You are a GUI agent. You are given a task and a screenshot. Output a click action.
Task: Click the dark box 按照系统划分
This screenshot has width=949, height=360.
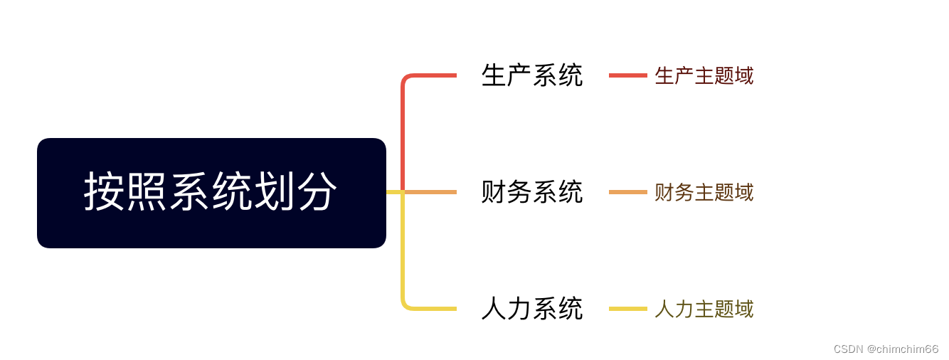211,193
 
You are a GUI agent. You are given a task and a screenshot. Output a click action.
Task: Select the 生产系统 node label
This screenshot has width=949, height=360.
532,75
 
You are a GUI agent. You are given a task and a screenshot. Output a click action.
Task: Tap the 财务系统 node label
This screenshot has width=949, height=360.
532,192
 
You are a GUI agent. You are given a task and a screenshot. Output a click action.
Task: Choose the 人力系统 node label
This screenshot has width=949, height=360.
532,309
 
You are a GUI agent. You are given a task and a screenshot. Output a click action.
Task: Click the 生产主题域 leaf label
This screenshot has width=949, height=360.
704,76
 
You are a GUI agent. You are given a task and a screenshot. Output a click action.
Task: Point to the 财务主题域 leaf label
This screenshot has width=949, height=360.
704,193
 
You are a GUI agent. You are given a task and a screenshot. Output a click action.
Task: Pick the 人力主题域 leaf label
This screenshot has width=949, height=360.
704,309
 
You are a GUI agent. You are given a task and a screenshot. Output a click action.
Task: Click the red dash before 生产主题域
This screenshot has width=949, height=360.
627,75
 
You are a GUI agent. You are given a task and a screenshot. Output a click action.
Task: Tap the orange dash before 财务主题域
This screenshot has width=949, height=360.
627,192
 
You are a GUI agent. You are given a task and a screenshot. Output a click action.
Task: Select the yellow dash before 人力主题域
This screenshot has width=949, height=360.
627,309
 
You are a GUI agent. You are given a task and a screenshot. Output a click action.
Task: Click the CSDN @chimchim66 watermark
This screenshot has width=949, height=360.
886,349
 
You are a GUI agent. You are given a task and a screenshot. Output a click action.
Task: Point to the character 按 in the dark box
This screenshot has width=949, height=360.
105,192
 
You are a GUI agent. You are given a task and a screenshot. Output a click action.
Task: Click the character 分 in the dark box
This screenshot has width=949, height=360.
317,192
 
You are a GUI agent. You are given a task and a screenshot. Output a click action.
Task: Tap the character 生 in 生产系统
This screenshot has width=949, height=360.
494,75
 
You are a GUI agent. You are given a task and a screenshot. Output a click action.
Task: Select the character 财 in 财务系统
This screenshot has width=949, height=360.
494,192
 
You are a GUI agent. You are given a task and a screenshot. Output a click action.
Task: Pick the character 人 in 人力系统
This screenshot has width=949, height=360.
494,309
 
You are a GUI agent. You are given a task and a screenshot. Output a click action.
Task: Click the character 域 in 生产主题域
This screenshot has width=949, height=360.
744,76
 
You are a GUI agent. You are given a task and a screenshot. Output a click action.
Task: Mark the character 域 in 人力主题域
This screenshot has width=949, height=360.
744,309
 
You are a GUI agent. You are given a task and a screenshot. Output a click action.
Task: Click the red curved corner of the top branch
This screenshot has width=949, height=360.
405,78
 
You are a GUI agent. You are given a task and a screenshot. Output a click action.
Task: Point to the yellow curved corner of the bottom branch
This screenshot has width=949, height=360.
405,305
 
